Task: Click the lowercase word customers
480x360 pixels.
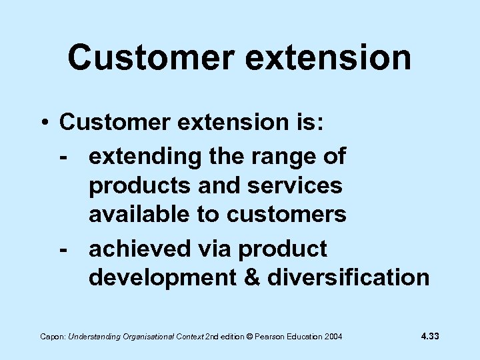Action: tap(287, 215)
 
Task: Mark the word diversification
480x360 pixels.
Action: tap(349, 277)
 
